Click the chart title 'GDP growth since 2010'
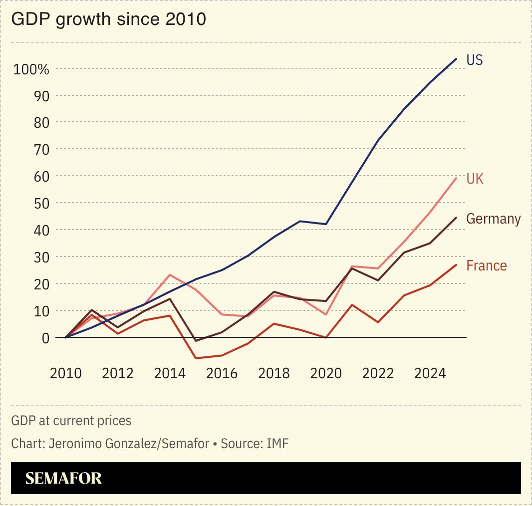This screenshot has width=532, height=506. coord(108,19)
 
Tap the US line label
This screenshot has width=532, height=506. coord(474,60)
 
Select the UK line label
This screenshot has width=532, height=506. coord(475,179)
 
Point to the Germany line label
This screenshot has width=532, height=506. coord(493,219)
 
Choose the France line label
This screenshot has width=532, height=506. coord(486,265)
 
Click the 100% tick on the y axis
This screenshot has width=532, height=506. coord(31,69)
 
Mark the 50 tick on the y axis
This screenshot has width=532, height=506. coord(41,204)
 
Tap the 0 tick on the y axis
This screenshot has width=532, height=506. coord(45,338)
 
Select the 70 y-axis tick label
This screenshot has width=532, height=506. coord(41,150)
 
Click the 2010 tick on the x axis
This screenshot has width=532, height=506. coord(66,373)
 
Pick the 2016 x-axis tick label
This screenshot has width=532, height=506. coord(222,373)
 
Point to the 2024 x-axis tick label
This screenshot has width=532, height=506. coord(430,373)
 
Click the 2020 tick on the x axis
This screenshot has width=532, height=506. coord(326,373)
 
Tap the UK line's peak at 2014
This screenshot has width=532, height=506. coord(170,274)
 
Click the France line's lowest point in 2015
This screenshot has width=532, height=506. coord(196,358)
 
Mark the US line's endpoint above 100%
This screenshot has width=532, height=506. coord(456,59)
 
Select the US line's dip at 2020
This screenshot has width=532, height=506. coord(326,224)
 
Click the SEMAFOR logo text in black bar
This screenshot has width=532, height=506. coord(63,478)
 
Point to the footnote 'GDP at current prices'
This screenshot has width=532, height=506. coord(71,421)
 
